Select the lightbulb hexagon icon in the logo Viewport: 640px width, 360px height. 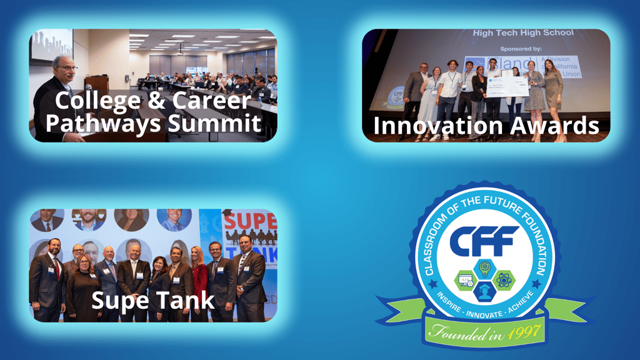(485, 267)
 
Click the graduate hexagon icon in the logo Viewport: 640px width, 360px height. (485, 291)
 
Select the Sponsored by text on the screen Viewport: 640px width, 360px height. (522, 47)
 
